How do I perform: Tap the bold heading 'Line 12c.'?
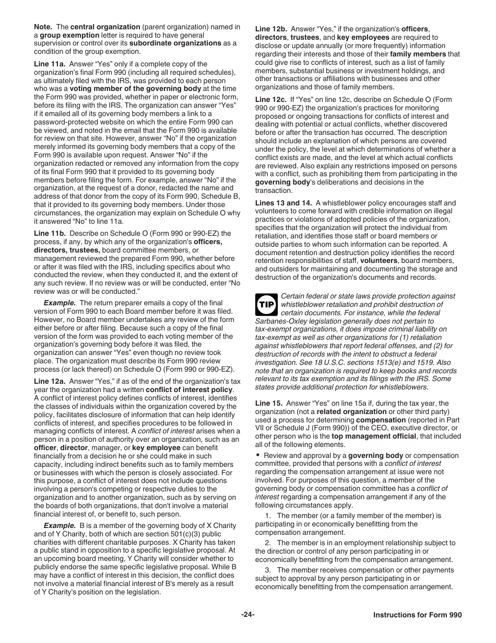[271, 99]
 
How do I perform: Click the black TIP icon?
[266, 304]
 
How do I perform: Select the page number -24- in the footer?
[247, 615]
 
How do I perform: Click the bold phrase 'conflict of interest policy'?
[190, 389]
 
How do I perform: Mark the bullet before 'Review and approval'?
[258, 455]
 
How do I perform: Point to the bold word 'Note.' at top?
[44, 27]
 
